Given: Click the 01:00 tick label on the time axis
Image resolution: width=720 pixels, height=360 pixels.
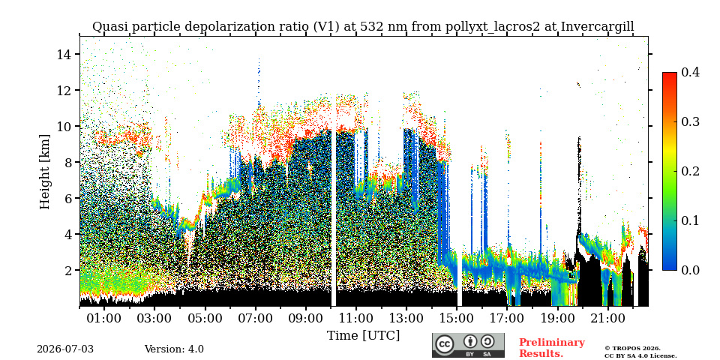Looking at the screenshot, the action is [105, 318].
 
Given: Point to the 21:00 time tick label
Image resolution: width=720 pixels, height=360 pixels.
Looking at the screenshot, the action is [608, 318].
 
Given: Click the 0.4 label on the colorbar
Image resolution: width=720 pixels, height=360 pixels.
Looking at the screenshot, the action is [690, 72].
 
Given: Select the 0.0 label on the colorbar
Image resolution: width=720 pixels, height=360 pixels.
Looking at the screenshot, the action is [690, 270].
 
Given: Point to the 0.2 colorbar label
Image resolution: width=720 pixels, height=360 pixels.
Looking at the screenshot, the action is [690, 171].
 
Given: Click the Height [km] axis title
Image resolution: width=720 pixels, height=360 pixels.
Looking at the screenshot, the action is [44, 172].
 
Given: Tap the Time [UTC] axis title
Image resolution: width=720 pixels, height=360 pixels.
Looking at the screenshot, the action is [363, 336].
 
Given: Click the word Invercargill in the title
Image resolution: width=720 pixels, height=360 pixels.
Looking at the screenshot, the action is [598, 27].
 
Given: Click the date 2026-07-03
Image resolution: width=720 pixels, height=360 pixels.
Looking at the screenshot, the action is [65, 349].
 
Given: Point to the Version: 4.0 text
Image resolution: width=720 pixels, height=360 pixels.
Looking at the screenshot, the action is [174, 349].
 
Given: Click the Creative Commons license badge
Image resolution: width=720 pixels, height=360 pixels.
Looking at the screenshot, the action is [468, 345].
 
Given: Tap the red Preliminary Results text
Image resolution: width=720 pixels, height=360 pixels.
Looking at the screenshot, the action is [552, 347].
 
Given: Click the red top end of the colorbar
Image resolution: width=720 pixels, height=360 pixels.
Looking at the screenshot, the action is [670, 74].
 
